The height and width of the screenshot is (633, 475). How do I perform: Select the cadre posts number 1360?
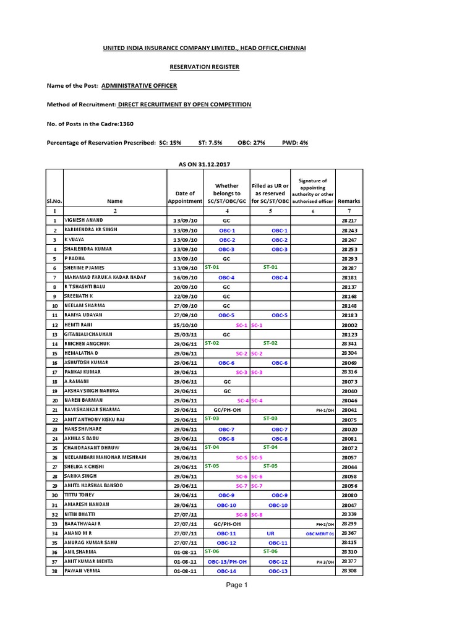[x=126, y=124]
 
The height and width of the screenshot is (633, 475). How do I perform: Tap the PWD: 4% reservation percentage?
[x=295, y=143]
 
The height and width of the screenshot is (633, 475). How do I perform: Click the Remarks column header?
[x=349, y=201]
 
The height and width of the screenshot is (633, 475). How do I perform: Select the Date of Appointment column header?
[x=186, y=197]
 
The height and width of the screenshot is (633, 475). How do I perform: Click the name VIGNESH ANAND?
[x=83, y=220]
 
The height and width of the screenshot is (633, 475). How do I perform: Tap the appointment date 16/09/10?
[x=186, y=278]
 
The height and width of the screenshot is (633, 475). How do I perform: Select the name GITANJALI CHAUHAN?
[x=92, y=334]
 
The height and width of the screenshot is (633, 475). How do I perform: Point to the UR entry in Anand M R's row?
[x=270, y=533]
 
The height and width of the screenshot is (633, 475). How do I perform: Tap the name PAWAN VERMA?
[x=82, y=571]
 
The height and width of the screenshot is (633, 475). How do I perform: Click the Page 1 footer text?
[x=237, y=585]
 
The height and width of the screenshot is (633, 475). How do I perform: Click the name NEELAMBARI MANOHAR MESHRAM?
[x=105, y=457]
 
